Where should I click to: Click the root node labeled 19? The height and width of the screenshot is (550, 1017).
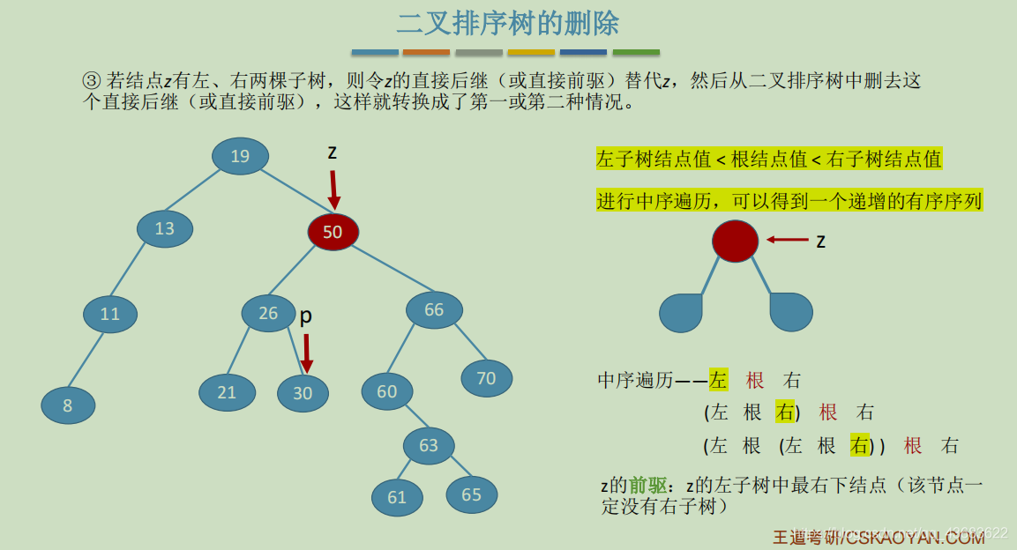pyautogui.click(x=240, y=156)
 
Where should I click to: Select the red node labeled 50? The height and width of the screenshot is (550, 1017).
pyautogui.click(x=333, y=232)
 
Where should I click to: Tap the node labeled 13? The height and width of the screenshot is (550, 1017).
pyautogui.click(x=165, y=229)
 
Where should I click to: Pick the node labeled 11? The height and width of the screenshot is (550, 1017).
pyautogui.click(x=110, y=314)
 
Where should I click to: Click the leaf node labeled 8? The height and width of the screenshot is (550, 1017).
pyautogui.click(x=68, y=405)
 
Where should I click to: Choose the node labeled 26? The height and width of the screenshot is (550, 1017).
pyautogui.click(x=268, y=313)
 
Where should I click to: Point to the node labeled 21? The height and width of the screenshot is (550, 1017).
pyautogui.click(x=227, y=392)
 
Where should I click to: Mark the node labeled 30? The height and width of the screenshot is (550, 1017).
pyautogui.click(x=303, y=393)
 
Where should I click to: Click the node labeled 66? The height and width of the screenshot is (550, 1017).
pyautogui.click(x=434, y=309)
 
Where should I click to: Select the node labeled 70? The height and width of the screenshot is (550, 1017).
pyautogui.click(x=486, y=378)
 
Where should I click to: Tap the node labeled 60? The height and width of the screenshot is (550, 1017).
pyautogui.click(x=387, y=391)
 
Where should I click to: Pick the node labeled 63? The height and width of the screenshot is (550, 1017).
pyautogui.click(x=429, y=445)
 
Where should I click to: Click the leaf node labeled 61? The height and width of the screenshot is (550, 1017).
pyautogui.click(x=397, y=497)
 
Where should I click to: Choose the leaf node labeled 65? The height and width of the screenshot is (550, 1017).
pyautogui.click(x=472, y=494)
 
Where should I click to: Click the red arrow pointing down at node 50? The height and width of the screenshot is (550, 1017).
pyautogui.click(x=333, y=190)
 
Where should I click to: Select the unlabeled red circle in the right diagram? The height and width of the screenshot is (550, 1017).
pyautogui.click(x=736, y=241)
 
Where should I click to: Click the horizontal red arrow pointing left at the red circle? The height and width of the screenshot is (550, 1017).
pyautogui.click(x=788, y=240)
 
